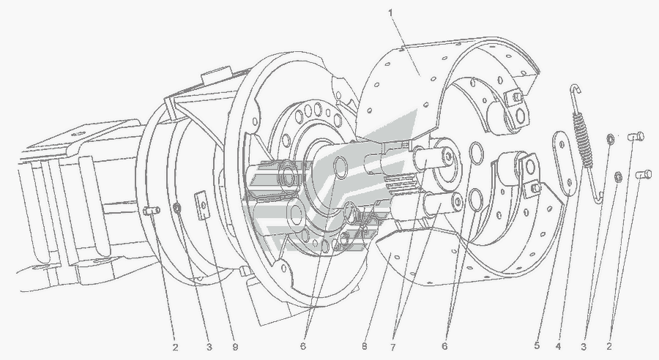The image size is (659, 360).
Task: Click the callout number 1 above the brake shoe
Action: click(390, 12)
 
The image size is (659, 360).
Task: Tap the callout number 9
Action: click(235, 347)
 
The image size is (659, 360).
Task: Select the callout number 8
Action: click(364, 347)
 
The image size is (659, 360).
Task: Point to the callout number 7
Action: click(393, 347)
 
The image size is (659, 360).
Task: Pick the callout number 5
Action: click(537, 346)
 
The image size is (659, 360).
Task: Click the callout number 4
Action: click(558, 346)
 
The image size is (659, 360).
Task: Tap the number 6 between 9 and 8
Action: click(303, 347)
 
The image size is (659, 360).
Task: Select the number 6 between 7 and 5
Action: click(444, 346)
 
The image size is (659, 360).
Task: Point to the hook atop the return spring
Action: click(575, 89)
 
